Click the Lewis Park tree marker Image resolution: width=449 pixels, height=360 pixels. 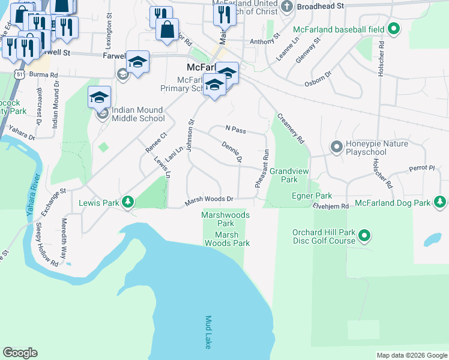point(127,203)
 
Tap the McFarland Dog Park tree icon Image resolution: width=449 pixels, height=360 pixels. point(441,203)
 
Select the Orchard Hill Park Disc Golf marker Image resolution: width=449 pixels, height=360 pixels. point(364,236)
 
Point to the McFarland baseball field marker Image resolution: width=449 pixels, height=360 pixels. point(394,28)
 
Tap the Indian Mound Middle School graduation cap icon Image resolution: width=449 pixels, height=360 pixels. point(100,97)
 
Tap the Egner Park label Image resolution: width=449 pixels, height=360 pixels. point(312,196)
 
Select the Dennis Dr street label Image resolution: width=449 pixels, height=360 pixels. point(231,152)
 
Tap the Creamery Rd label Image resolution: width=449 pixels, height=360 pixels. point(291,128)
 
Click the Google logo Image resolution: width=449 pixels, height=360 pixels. point(20,352)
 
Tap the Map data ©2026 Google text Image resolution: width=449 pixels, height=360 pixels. point(411,355)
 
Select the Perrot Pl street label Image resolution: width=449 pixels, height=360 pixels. point(421,168)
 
